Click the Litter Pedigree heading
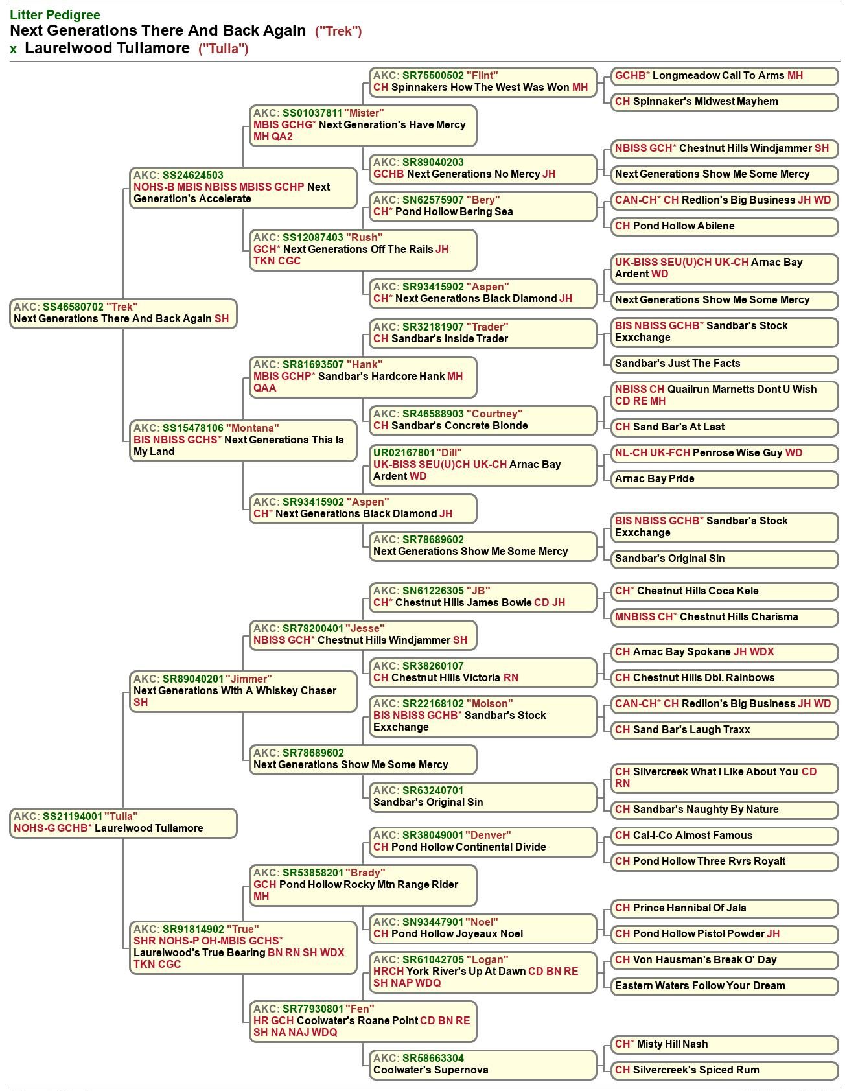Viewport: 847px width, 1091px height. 55,14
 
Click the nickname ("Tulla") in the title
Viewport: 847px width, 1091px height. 224,49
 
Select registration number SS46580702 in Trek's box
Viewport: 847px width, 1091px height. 73,307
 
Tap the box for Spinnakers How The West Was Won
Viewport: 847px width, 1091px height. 483,82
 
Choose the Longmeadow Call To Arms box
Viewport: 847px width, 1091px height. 724,76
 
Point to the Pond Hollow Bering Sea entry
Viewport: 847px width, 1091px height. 483,206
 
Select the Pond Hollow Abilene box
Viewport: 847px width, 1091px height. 724,226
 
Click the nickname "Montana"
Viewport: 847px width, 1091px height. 253,428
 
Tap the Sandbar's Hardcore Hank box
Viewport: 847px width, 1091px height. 363,376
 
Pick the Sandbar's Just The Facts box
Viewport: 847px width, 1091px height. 724,364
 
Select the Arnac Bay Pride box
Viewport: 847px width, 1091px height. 724,479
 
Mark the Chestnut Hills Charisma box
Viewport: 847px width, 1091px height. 724,617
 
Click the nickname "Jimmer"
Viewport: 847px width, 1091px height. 249,679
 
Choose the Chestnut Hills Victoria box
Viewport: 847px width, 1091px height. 483,672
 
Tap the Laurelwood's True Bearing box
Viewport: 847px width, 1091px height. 243,946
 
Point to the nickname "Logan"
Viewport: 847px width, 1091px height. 487,959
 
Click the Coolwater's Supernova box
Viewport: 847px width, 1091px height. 483,1064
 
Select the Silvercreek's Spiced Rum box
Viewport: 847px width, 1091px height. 724,1070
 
